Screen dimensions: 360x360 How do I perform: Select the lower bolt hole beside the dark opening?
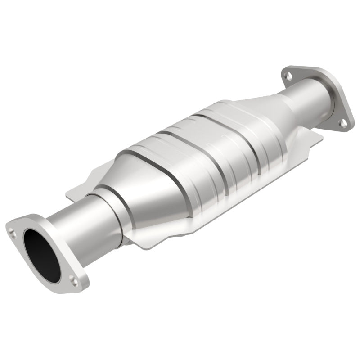point(75,281)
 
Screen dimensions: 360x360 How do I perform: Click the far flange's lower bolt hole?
point(344,122)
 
